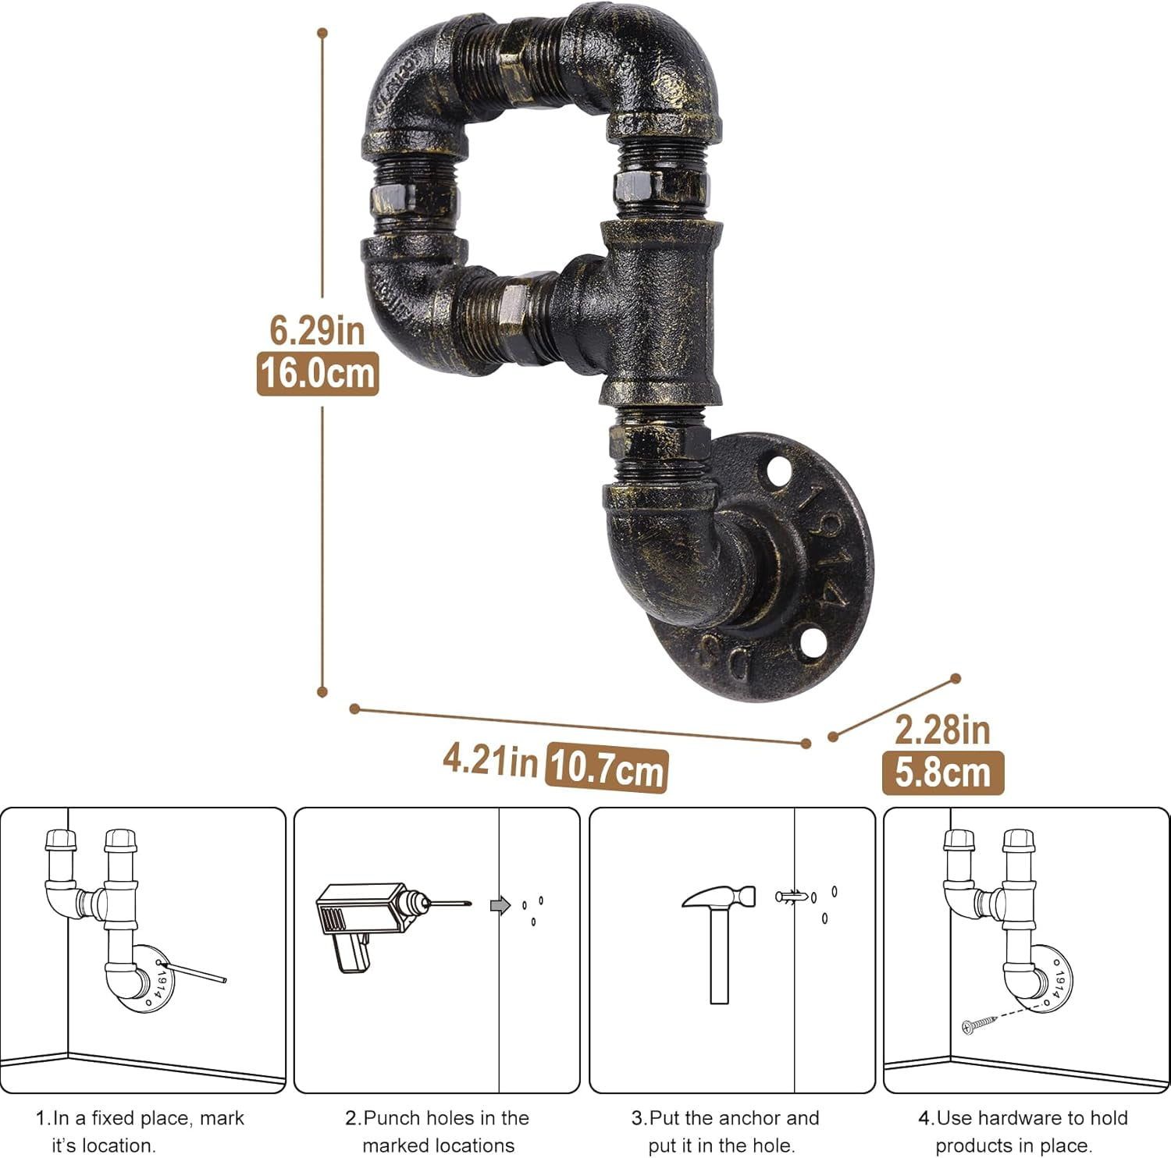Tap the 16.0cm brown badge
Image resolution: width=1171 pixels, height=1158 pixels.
318,373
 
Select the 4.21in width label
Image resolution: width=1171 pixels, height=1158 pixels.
490,759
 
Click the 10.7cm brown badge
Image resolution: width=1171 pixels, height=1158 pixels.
607,769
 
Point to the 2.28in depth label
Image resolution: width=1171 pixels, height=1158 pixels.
942,730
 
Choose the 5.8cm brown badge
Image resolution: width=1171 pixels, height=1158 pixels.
943,773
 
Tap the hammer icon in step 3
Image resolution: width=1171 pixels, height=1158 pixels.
719,943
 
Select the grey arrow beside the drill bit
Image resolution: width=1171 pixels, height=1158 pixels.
500,905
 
